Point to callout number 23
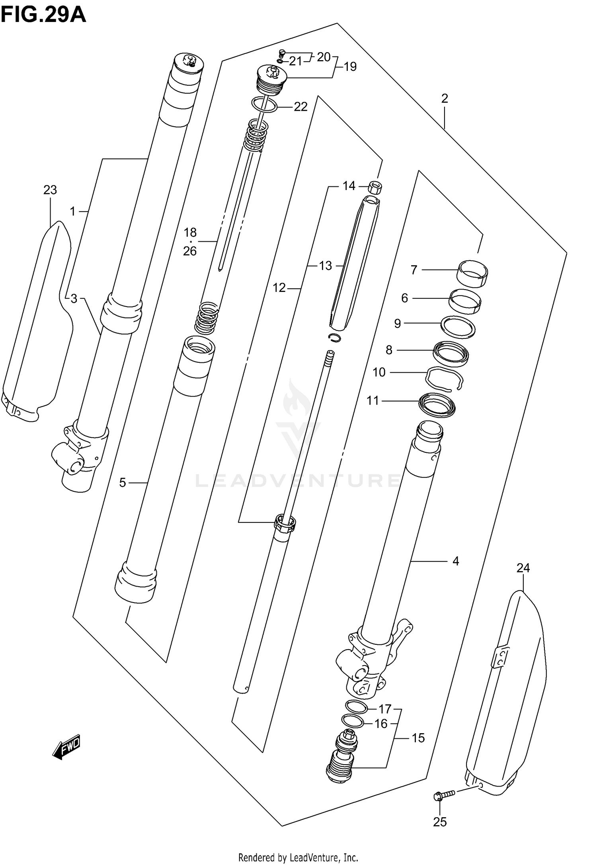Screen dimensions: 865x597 [50, 190]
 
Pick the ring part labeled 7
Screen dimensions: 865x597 [472, 273]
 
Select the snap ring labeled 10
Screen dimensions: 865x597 [444, 380]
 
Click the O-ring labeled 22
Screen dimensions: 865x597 [264, 105]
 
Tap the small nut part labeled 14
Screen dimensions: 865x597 [375, 187]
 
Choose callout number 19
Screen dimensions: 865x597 [350, 67]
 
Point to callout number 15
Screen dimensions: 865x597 [418, 738]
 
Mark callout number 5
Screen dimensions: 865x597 [123, 483]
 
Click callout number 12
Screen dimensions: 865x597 [279, 288]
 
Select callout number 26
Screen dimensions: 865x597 [190, 251]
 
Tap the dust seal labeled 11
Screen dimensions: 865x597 [437, 405]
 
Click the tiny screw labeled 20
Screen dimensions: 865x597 [283, 52]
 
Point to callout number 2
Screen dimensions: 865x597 [445, 98]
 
